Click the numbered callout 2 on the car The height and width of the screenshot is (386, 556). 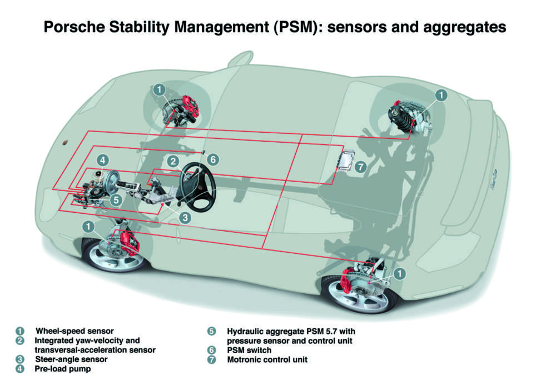(x=173, y=161)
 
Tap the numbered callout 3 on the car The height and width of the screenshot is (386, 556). (x=185, y=218)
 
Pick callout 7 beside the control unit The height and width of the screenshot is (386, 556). (x=360, y=166)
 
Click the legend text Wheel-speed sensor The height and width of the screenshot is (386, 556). (x=75, y=332)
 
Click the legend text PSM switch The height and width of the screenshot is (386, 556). (x=249, y=350)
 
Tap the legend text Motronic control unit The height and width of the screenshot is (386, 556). (x=267, y=359)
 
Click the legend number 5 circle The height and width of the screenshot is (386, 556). (x=212, y=332)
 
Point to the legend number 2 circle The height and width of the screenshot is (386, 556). (x=21, y=340)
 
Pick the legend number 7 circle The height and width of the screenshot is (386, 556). (x=212, y=359)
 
